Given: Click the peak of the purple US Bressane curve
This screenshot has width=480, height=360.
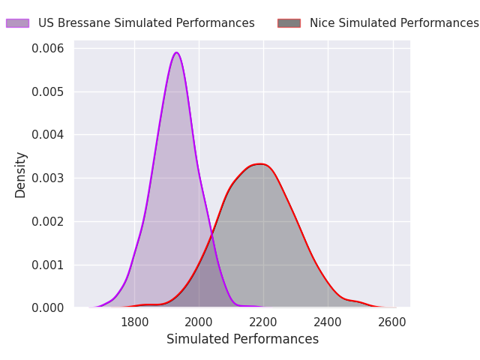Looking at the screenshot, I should (x=176, y=52).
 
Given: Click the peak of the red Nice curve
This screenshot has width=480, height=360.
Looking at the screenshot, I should (x=259, y=164).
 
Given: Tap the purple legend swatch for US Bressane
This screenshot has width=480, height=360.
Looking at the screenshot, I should (x=17, y=23).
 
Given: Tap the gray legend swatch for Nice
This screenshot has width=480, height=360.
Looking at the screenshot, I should (x=289, y=23).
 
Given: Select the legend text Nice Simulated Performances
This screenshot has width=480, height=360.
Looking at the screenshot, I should (x=394, y=23).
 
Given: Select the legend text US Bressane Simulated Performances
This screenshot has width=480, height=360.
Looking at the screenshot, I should (x=146, y=23).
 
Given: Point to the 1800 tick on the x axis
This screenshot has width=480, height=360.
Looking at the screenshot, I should (x=134, y=322).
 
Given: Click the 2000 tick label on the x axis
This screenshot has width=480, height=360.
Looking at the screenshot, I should (x=199, y=322).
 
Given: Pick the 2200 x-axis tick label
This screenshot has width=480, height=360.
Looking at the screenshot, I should (x=263, y=322).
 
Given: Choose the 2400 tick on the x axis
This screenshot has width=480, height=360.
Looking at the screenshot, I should (x=328, y=322).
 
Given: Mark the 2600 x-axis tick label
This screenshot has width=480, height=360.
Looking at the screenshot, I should (x=392, y=322).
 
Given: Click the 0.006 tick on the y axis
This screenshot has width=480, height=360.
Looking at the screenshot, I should (x=48, y=49).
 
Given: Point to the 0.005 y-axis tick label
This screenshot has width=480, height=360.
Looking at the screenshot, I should (x=48, y=92).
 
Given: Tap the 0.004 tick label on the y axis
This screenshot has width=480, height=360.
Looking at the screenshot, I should (x=48, y=135).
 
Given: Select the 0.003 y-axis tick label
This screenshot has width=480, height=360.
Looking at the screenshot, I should (x=48, y=178).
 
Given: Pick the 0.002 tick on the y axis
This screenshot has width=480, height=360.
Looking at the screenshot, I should (x=48, y=222).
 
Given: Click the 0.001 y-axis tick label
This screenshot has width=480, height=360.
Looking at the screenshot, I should (x=48, y=265).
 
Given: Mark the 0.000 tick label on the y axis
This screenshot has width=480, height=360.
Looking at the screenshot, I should (x=48, y=308).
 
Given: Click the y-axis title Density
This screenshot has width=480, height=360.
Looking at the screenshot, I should (x=20, y=175).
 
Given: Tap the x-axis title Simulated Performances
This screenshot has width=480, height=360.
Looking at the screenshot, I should (x=242, y=340).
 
